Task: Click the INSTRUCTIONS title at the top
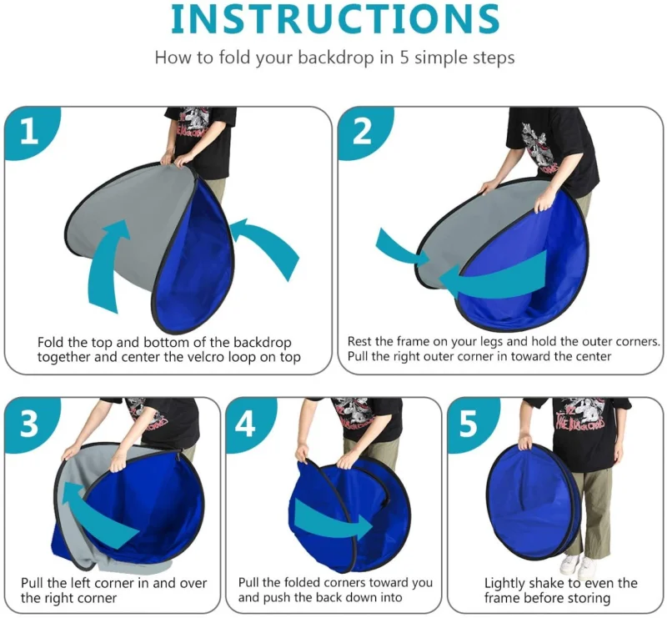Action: [x=335, y=19]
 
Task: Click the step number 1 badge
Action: [x=31, y=133]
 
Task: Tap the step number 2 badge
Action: [x=364, y=133]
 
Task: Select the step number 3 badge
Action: [x=31, y=424]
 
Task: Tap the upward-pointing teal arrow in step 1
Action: [x=107, y=264]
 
